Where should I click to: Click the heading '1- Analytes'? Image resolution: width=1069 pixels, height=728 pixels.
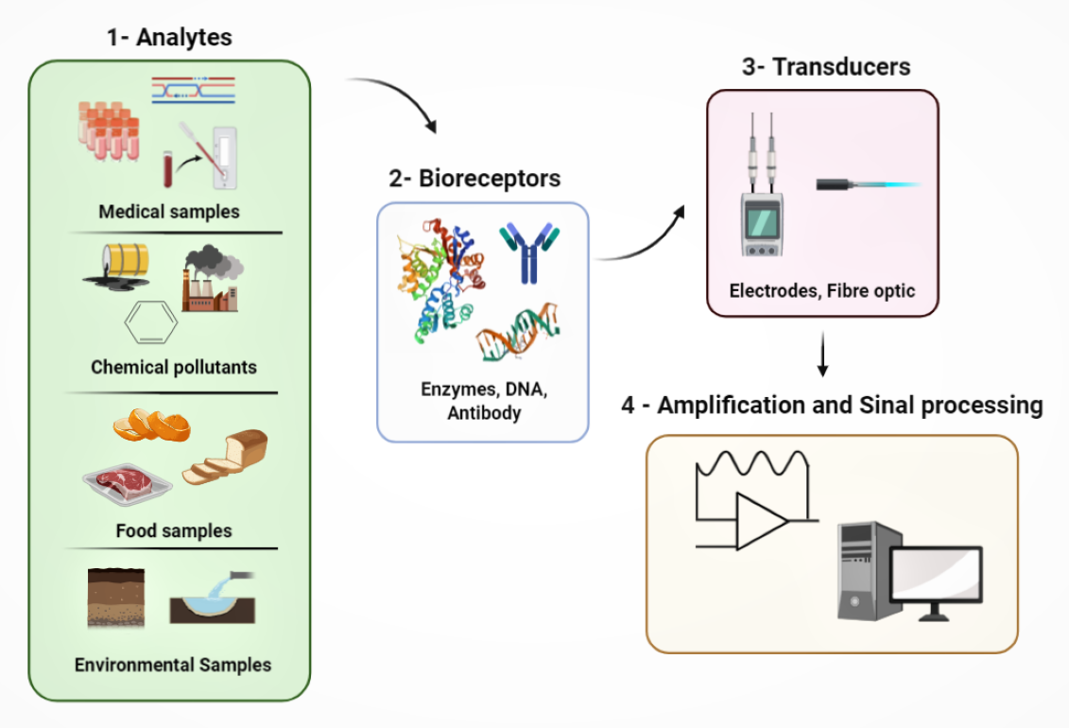tap(169, 38)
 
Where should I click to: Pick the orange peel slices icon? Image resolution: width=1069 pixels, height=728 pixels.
tap(151, 425)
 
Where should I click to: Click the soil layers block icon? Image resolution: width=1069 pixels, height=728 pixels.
tap(115, 597)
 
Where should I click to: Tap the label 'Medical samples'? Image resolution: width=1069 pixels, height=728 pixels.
tap(169, 211)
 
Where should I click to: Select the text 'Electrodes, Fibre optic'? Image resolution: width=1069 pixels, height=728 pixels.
tap(821, 290)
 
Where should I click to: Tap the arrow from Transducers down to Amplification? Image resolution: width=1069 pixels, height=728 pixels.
tap(822, 355)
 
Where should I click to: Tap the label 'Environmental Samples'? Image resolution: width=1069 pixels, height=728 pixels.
tap(173, 665)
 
